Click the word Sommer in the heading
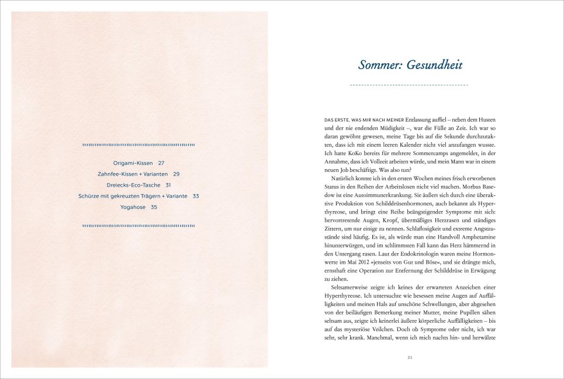378,65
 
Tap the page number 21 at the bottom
410,357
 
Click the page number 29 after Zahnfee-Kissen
176,174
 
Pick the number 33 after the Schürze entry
196,196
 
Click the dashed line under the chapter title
409,85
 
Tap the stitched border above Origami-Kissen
139,145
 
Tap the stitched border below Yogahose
139,225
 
